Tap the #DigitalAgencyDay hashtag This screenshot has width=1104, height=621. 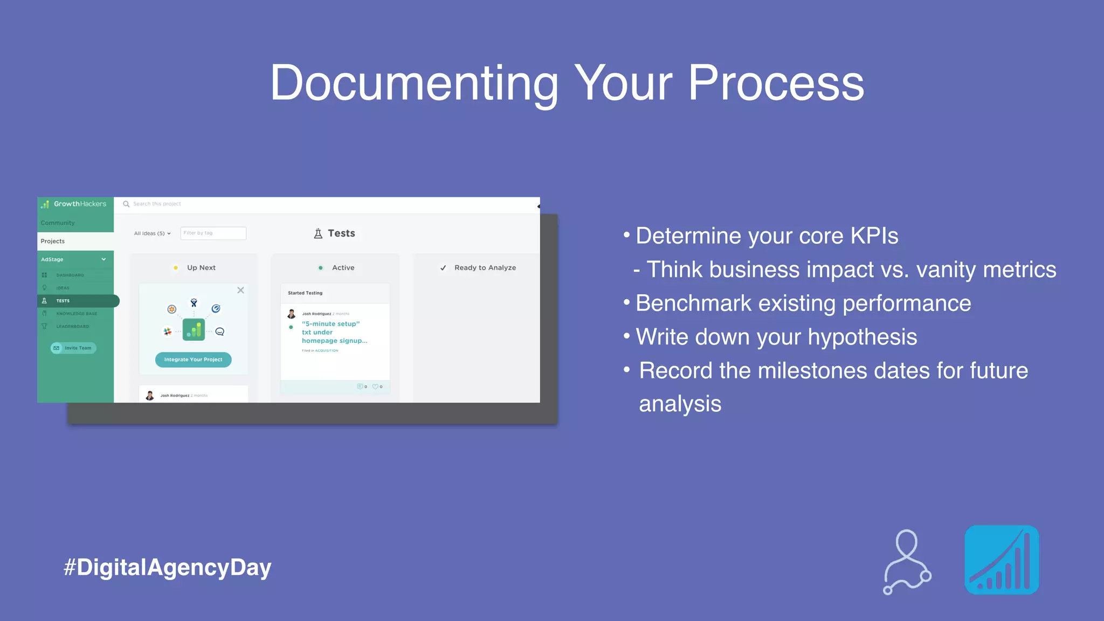[x=167, y=568]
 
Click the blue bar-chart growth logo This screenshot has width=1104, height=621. [x=1001, y=560]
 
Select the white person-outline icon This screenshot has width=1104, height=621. [x=907, y=562]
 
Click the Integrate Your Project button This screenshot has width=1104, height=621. [x=193, y=360]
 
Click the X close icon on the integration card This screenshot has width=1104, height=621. [x=240, y=290]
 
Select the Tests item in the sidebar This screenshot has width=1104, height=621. [x=63, y=301]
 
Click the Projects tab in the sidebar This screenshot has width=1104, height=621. [x=53, y=241]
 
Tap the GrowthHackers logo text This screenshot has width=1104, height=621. [x=80, y=204]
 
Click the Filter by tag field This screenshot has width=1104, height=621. [x=213, y=233]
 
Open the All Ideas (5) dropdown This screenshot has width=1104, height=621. [x=152, y=233]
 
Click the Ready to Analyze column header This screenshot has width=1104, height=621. [x=485, y=267]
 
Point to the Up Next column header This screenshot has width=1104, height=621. [x=201, y=267]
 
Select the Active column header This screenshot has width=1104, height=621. [x=343, y=267]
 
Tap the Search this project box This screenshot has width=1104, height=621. [x=157, y=204]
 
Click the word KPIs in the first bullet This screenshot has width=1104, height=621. [x=874, y=236]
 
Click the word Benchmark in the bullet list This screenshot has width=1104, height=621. [x=693, y=303]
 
